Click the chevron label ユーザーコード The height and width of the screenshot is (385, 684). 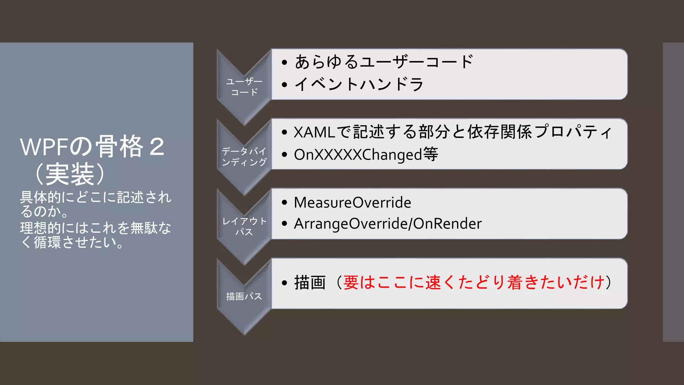tap(244, 87)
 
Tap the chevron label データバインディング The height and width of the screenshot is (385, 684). tap(244, 157)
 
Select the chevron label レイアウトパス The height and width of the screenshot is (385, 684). tap(244, 226)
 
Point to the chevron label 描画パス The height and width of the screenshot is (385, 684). tap(244, 296)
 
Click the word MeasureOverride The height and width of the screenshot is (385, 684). tap(352, 203)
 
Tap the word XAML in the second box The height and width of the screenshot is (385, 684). tap(314, 132)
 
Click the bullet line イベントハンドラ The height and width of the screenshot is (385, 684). tap(359, 84)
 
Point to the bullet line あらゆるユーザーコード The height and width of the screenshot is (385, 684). tap(384, 62)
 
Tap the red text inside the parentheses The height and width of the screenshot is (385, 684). tap(474, 282)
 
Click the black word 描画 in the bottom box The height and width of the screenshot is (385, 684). tap(310, 283)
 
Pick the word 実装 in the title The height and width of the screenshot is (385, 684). tap(70, 174)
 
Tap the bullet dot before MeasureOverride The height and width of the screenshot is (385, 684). tap(285, 203)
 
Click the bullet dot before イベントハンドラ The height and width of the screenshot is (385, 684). tap(285, 85)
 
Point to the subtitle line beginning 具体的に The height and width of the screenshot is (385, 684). tap(96, 197)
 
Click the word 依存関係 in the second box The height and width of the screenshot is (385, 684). tap(500, 132)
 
